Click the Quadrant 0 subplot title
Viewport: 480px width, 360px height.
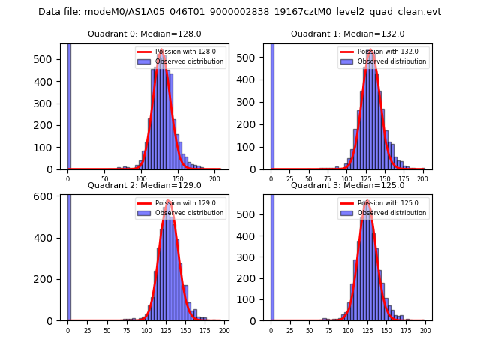pyautogui.click(x=144, y=34)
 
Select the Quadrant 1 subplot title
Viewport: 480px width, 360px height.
pyautogui.click(x=347, y=34)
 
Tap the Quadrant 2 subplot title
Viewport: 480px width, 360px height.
pyautogui.click(x=144, y=185)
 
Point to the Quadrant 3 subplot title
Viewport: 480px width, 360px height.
pyautogui.click(x=347, y=185)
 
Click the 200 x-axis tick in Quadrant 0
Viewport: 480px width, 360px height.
pyautogui.click(x=214, y=179)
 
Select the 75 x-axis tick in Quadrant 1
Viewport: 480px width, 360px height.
pyautogui.click(x=328, y=179)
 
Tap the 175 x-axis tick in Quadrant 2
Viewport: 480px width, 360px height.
pyautogui.click(x=205, y=330)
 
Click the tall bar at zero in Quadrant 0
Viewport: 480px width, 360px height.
pyautogui.click(x=69, y=105)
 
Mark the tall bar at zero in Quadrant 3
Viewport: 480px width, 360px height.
pyautogui.click(x=272, y=255)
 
